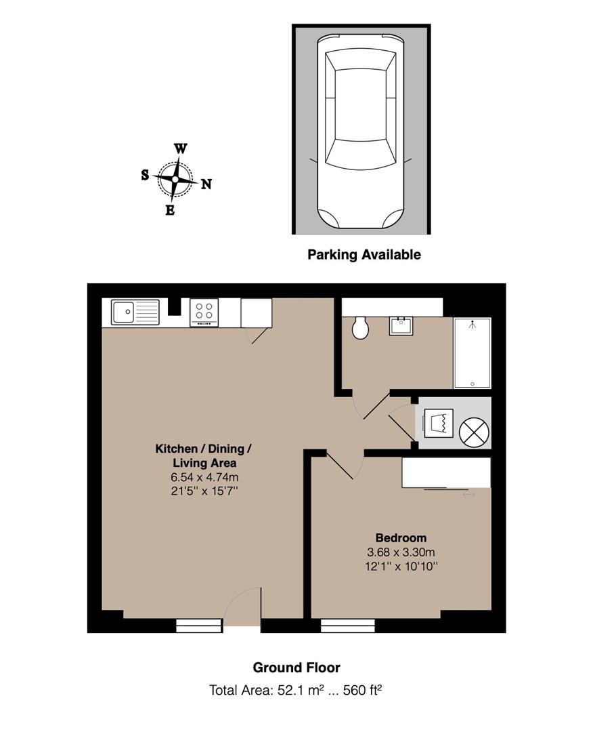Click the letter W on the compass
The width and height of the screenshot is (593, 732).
pyautogui.click(x=181, y=149)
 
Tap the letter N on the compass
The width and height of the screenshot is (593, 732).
pyautogui.click(x=206, y=184)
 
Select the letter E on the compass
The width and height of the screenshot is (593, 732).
pyautogui.click(x=170, y=211)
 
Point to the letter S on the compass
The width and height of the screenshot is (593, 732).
pyautogui.click(x=146, y=175)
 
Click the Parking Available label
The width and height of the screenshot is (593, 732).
pyautogui.click(x=364, y=255)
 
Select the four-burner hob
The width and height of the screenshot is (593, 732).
pyautogui.click(x=204, y=312)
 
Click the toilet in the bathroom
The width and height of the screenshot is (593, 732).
pyautogui.click(x=360, y=327)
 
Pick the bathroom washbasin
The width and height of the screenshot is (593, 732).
pyautogui.click(x=401, y=326)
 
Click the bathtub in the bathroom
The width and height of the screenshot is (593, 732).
pyautogui.click(x=473, y=353)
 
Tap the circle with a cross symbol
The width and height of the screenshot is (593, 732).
pyautogui.click(x=474, y=432)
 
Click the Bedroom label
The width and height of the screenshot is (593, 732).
pyautogui.click(x=401, y=537)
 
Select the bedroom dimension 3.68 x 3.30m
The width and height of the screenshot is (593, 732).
pyautogui.click(x=401, y=552)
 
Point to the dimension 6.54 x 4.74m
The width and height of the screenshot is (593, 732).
pyautogui.click(x=204, y=477)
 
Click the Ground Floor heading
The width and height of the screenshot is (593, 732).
pyautogui.click(x=296, y=668)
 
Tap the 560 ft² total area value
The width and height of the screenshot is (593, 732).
pyautogui.click(x=363, y=690)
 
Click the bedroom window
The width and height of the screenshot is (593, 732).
pyautogui.click(x=348, y=626)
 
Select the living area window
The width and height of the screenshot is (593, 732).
pyautogui.click(x=200, y=626)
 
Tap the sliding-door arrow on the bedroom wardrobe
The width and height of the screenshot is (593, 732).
pyautogui.click(x=469, y=494)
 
